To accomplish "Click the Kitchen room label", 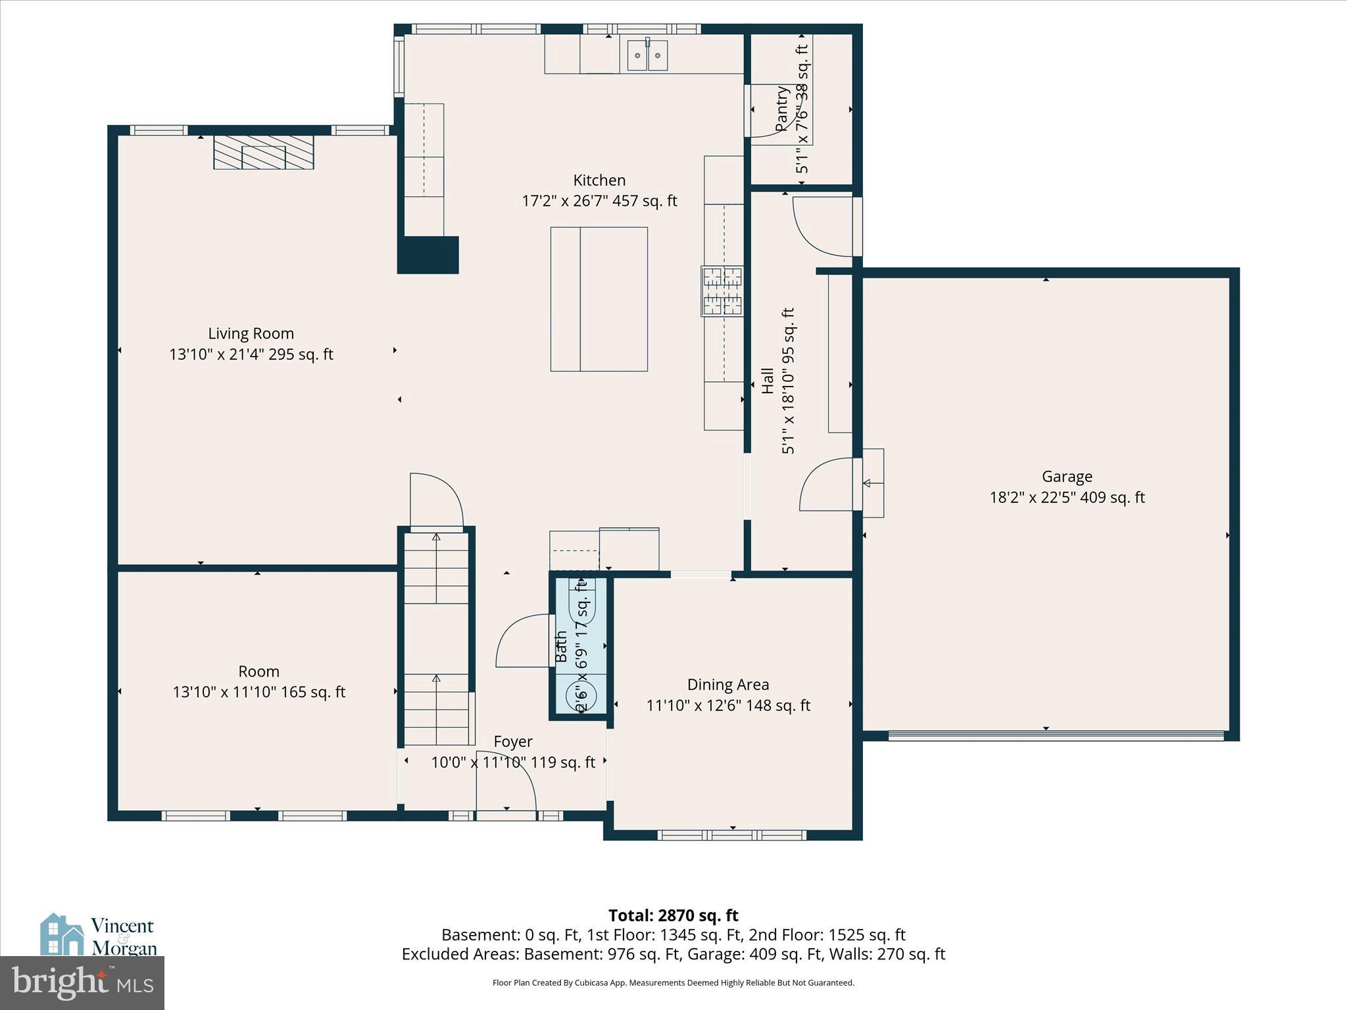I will pos(599,180).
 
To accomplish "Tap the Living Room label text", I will pos(251,333).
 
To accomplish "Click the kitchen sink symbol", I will pos(647,55).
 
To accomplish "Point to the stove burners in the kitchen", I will pos(722,291).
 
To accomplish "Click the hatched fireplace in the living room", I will pos(263,153).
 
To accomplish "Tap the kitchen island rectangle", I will pos(599,299).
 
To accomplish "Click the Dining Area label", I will pos(727,685).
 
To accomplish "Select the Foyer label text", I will pos(513,742).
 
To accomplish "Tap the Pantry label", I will pos(781,108).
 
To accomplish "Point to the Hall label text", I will pos(768,381).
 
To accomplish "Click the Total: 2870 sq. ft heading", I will pos(673,915).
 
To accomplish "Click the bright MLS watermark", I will pos(82,982).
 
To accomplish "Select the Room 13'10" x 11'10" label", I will pos(258,682).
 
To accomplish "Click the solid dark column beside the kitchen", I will pos(428,255).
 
